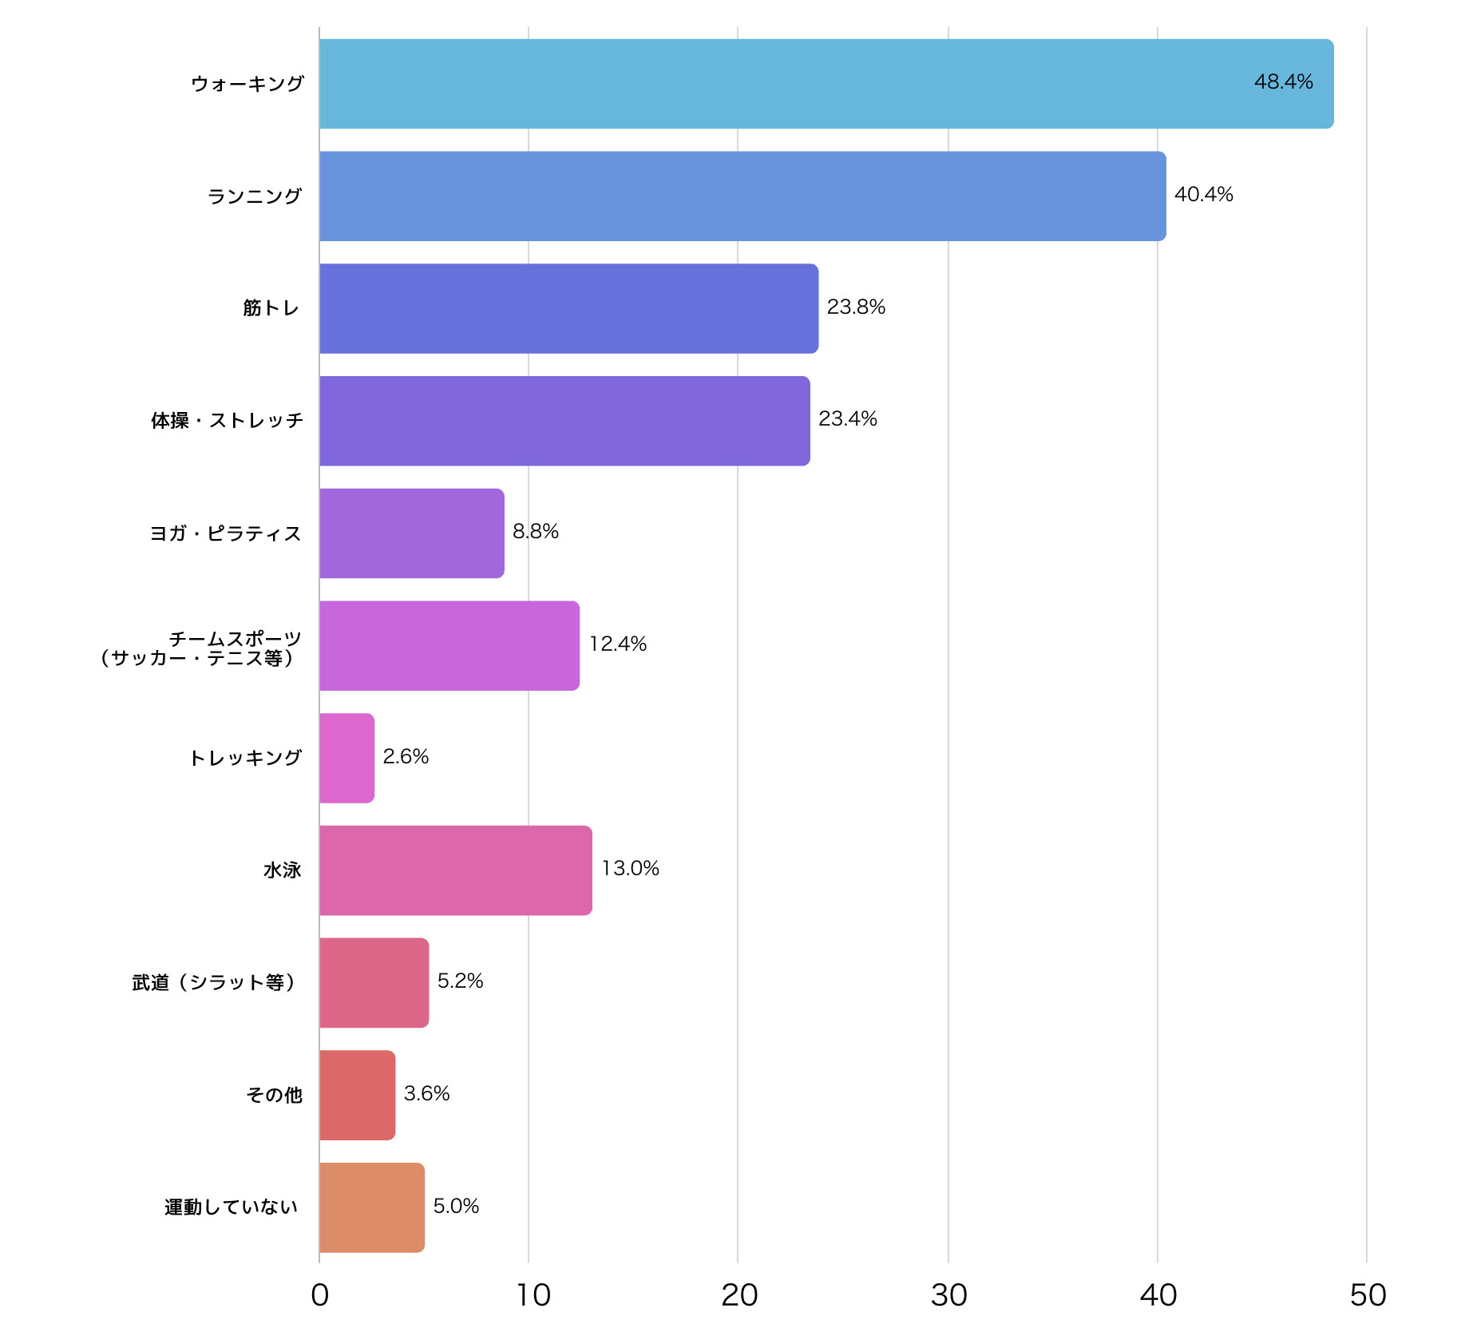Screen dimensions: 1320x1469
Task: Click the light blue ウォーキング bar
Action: coord(826,84)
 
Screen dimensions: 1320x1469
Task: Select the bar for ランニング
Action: coord(742,196)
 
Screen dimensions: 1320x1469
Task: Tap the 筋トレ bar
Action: coord(568,308)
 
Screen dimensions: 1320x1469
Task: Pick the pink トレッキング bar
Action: coord(346,758)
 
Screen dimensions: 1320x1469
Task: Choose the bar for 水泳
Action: coord(455,870)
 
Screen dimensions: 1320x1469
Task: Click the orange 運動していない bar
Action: coord(371,1207)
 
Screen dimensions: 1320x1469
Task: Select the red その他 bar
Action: coord(357,1095)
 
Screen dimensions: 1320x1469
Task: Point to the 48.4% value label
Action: coord(1283,82)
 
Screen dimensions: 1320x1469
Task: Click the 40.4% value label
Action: coord(1203,195)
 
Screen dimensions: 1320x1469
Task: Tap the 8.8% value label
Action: coord(535,532)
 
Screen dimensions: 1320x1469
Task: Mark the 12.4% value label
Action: coord(617,644)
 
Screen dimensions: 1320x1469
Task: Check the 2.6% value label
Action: coord(406,757)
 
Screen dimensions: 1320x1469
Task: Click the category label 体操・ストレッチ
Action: coord(228,421)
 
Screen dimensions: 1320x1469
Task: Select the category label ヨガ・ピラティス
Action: coord(226,533)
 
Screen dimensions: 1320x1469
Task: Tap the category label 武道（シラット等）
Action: coord(216,982)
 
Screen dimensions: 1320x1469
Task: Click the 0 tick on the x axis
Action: coord(319,1295)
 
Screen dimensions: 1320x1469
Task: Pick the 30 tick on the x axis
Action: coord(948,1295)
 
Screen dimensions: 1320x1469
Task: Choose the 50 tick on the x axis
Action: coord(1368,1295)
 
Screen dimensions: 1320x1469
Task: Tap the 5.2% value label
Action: coord(460,981)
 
